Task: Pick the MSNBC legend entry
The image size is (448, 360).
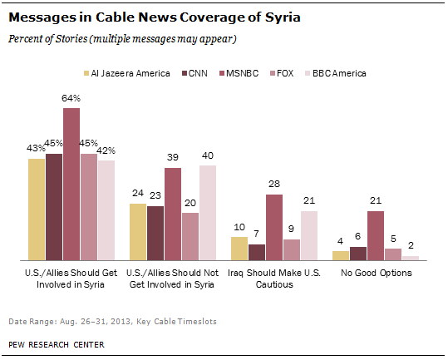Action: coord(245,73)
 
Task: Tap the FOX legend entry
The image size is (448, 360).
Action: coord(295,73)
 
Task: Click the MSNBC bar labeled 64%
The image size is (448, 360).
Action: coord(71,184)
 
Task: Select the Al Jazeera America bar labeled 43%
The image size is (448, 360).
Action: coord(37,210)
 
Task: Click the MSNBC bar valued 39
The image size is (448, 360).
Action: coord(173,215)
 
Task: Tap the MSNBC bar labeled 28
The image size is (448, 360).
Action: coord(274,227)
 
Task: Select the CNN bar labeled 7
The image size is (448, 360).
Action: coord(257,252)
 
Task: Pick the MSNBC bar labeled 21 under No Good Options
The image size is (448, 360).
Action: coord(376,235)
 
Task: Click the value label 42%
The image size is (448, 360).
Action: coord(107,150)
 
